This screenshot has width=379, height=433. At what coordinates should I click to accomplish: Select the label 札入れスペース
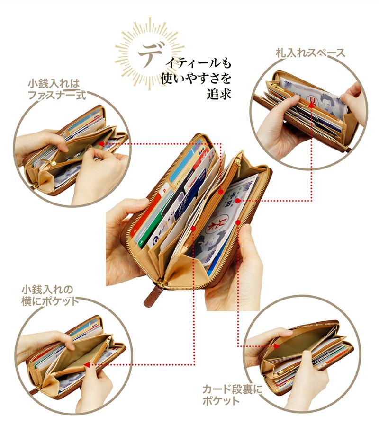point(310,53)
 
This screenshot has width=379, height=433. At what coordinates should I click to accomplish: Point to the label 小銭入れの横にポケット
point(50,295)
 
